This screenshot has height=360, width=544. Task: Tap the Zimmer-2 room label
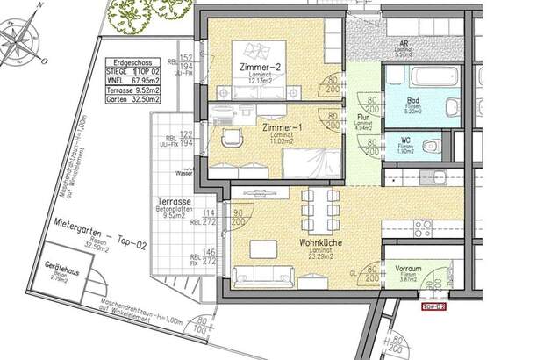tap(260, 67)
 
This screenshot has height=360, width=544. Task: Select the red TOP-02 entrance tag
tap(434, 306)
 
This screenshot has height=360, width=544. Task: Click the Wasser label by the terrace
tap(183, 173)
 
